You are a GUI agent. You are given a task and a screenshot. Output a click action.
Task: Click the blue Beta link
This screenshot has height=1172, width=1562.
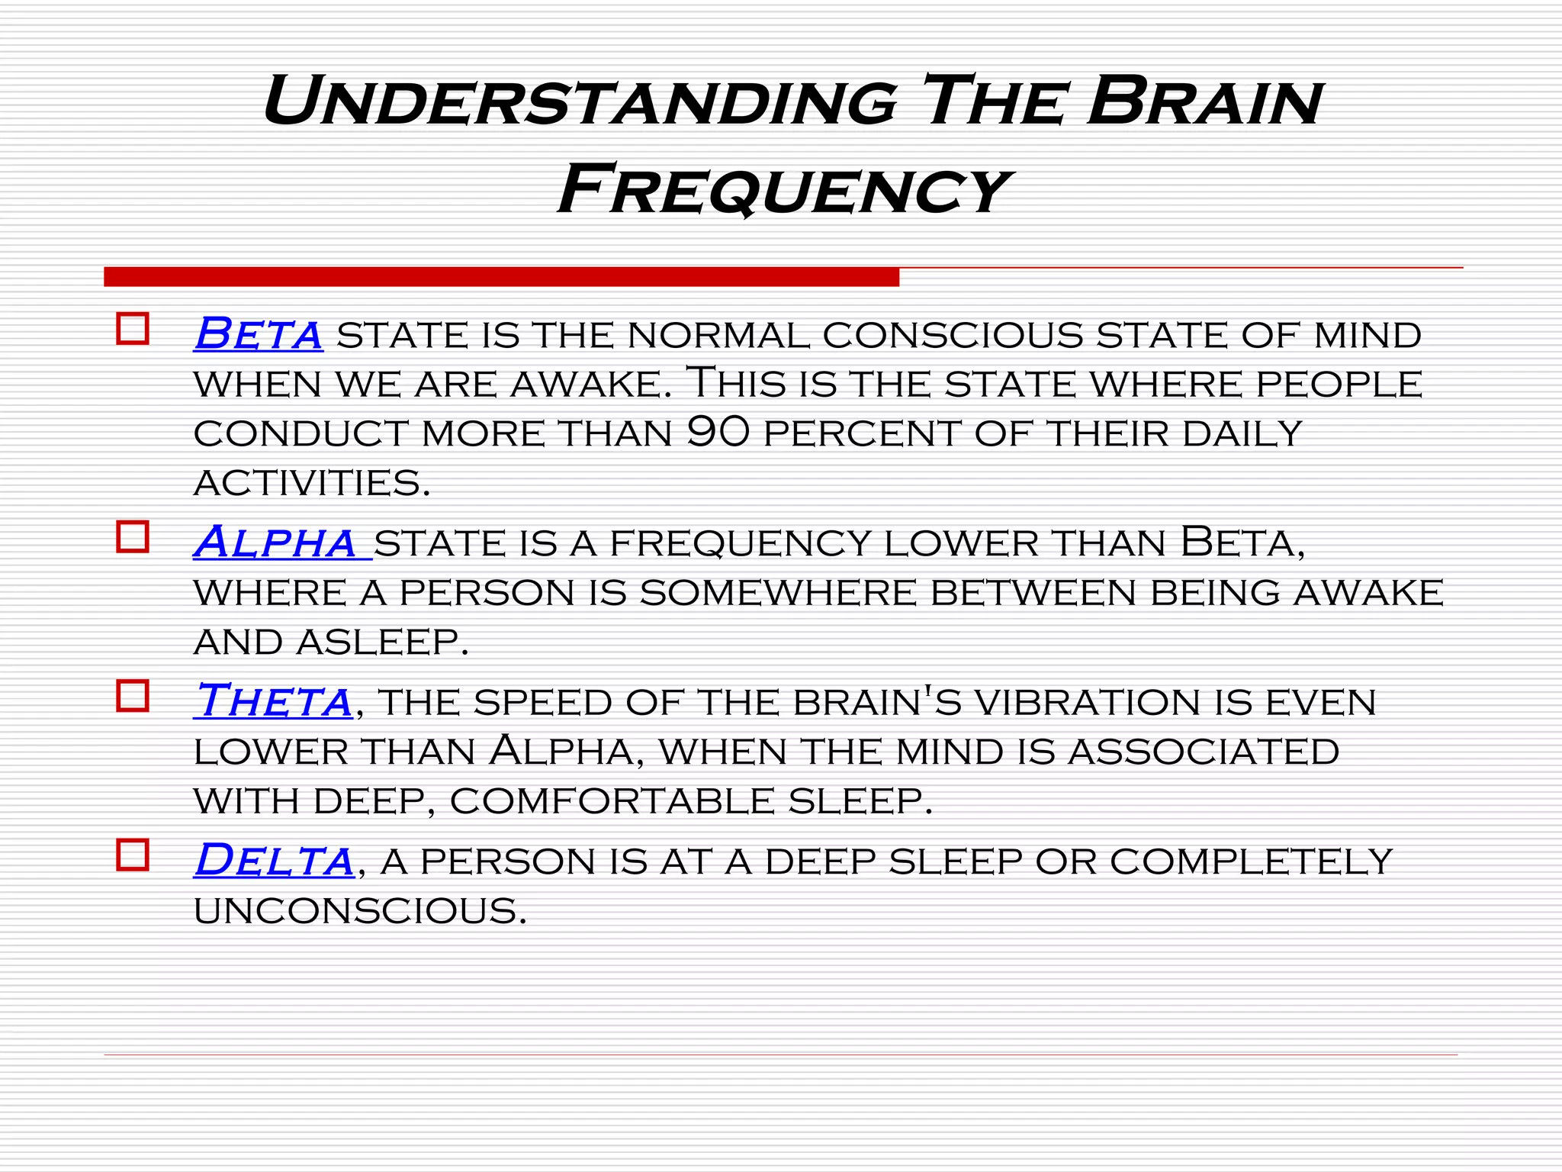click(259, 333)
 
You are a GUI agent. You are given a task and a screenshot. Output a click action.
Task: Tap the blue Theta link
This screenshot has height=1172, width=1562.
click(273, 700)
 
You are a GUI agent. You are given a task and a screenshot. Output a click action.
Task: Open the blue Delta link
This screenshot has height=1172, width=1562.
click(274, 860)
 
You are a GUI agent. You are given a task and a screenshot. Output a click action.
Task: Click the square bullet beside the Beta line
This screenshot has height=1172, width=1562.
click(133, 329)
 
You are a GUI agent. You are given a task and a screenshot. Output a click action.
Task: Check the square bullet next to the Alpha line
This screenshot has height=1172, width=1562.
click(133, 536)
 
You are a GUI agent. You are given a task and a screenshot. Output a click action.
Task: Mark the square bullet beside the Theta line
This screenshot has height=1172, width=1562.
click(133, 696)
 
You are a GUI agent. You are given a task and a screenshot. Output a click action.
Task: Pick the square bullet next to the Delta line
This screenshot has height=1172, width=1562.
click(133, 855)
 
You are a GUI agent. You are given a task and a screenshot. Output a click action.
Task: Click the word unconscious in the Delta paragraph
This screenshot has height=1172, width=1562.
click(360, 911)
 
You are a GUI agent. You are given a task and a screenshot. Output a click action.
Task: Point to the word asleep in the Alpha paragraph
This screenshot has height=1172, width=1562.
click(382, 642)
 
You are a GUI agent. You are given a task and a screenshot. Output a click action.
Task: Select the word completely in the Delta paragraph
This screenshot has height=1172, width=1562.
click(1251, 861)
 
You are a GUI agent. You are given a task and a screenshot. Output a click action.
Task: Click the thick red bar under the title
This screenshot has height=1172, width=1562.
click(501, 277)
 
